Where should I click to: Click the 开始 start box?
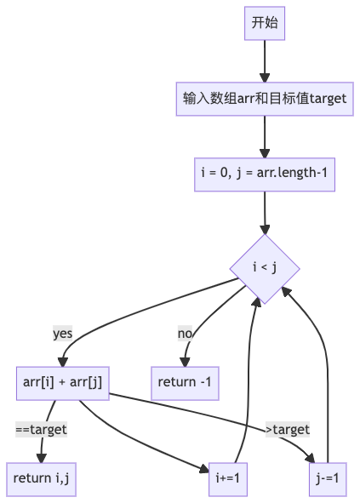click(x=265, y=23)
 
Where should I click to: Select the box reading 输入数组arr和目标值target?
click(x=265, y=98)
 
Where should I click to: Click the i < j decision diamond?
click(x=265, y=269)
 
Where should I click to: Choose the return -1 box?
click(x=185, y=382)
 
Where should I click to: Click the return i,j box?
click(x=40, y=479)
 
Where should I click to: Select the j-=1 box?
click(x=328, y=479)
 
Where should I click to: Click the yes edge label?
click(x=63, y=333)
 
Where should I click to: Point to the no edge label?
click(x=185, y=333)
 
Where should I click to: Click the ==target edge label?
click(x=42, y=430)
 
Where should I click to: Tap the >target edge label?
click(x=288, y=429)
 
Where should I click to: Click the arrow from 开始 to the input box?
click(x=265, y=60)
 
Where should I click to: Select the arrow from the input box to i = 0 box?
click(x=265, y=135)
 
